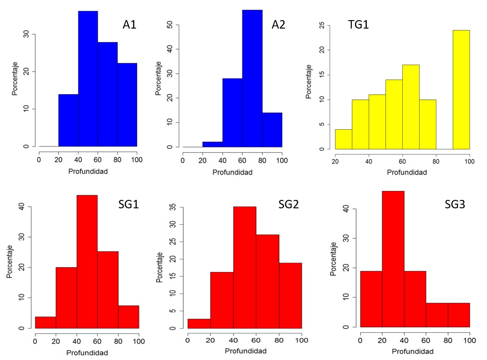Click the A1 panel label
pos(130,25)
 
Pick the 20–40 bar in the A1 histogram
pos(68,120)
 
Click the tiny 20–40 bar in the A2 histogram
pos(212,144)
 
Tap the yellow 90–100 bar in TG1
pos(461,89)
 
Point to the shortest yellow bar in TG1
pos(343,139)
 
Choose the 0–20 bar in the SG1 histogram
pos(45,323)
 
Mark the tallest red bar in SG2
pos(245,266)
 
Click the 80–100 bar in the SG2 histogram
pos(290,295)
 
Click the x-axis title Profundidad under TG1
pos(407,172)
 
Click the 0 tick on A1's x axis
pos(39,158)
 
